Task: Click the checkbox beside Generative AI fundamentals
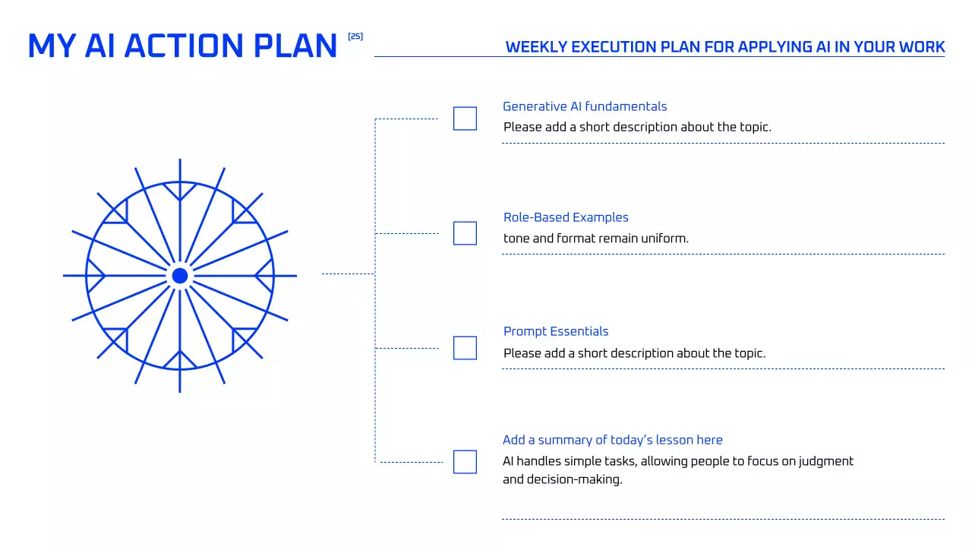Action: (465, 119)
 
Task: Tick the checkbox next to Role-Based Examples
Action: (465, 233)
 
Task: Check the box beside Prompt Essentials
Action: (465, 348)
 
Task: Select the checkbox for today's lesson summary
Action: (465, 462)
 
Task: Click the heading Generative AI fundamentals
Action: (585, 106)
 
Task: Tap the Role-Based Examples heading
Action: (566, 217)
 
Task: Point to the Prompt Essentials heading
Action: (556, 331)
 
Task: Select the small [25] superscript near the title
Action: (355, 36)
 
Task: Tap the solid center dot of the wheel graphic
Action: (180, 276)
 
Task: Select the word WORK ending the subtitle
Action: (922, 47)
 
